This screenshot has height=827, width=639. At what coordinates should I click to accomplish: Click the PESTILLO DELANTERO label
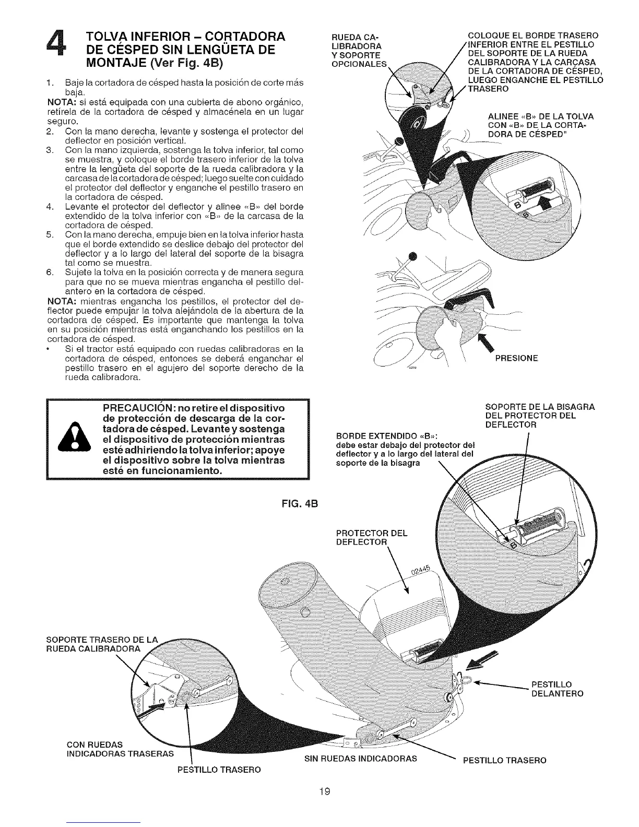557,689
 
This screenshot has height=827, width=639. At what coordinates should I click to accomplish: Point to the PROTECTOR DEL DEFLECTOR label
372,538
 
